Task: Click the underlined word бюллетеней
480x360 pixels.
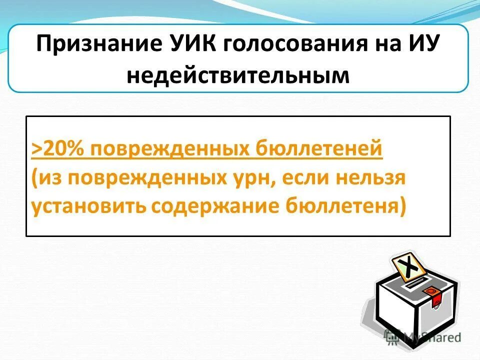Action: coord(319,148)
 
